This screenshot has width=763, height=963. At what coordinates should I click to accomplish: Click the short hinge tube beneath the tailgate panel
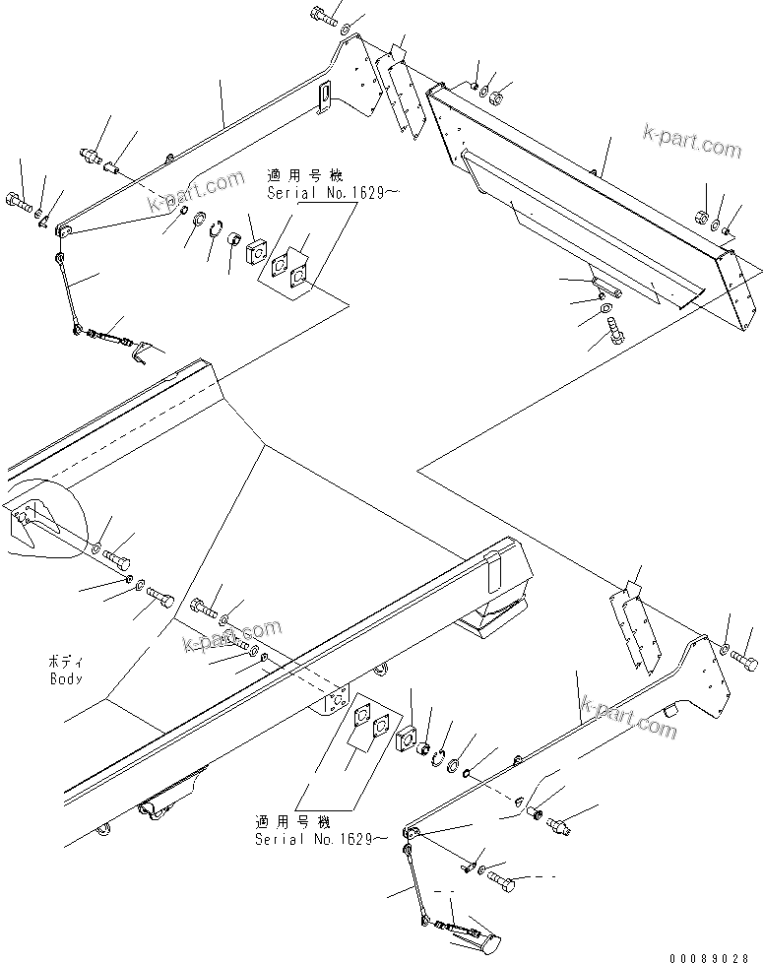(607, 289)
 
